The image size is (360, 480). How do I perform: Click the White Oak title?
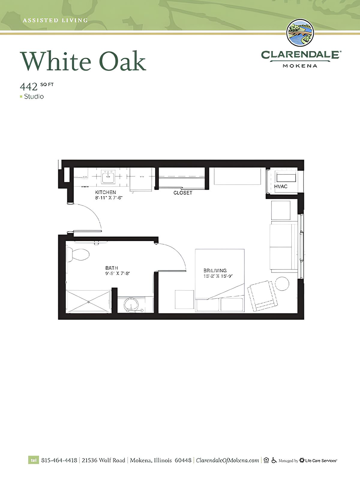click(83, 61)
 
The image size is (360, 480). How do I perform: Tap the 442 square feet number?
click(29, 87)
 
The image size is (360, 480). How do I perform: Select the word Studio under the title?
click(34, 97)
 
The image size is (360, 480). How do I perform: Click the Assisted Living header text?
click(55, 20)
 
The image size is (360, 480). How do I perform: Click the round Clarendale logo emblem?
click(300, 33)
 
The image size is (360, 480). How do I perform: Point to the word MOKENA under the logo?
click(300, 66)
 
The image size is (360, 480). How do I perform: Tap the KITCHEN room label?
click(106, 192)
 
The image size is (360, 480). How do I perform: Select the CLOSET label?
click(183, 193)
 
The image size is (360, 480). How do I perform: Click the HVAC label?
click(281, 186)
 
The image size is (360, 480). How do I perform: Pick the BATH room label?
click(112, 268)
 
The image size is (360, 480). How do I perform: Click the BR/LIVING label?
click(215, 270)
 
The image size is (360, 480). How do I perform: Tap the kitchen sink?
click(108, 177)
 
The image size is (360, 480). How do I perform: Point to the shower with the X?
click(88, 301)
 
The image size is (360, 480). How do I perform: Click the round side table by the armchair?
click(282, 284)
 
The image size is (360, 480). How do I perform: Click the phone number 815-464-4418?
click(59, 460)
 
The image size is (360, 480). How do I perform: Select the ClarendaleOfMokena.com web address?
click(227, 460)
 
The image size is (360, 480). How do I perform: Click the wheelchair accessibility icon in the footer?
click(274, 460)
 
